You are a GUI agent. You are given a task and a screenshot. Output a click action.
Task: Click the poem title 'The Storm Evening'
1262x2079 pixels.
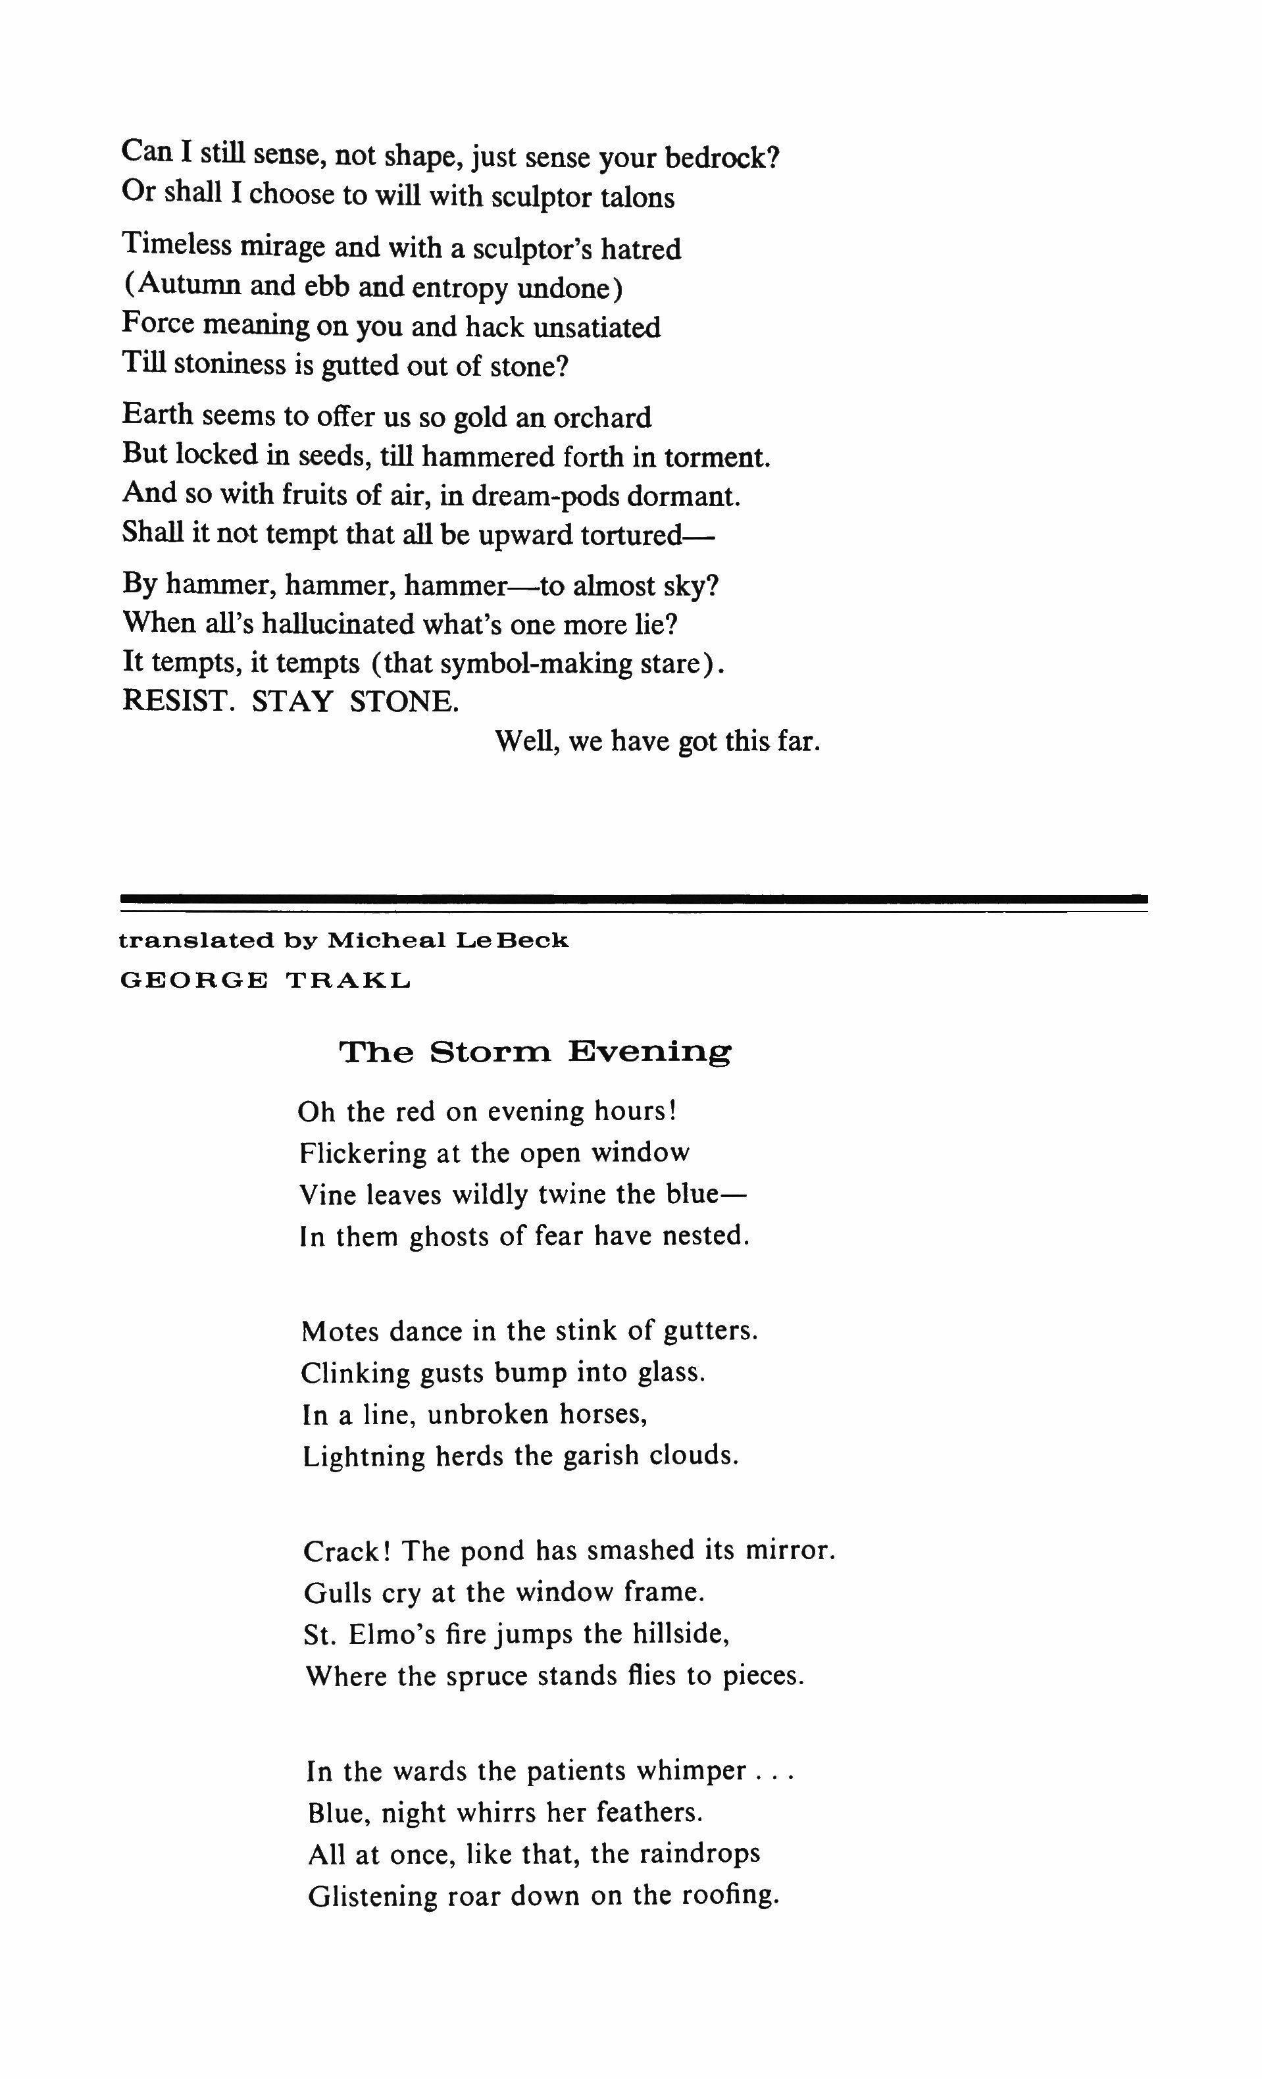click(x=535, y=1052)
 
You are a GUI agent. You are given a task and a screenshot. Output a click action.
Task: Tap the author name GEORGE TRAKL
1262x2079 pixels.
click(x=266, y=981)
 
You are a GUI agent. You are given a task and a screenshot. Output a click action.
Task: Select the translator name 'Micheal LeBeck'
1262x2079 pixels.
click(x=447, y=940)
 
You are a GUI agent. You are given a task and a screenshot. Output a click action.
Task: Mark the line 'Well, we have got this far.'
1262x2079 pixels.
click(x=657, y=742)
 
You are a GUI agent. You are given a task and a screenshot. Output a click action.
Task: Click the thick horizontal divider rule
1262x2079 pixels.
click(x=634, y=898)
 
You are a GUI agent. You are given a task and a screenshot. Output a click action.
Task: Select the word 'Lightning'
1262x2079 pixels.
click(x=364, y=1456)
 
